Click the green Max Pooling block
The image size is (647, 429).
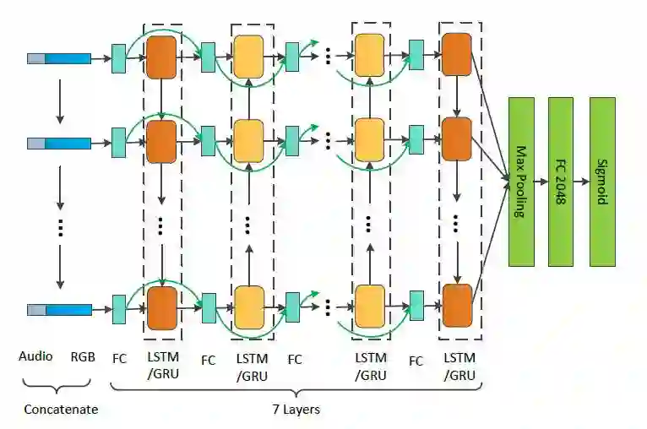click(x=521, y=182)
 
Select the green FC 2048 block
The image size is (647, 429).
click(x=560, y=182)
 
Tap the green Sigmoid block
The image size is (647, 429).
click(x=602, y=182)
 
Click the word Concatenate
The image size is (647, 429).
click(x=60, y=410)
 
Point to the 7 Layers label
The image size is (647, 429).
click(x=295, y=410)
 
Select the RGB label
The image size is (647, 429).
click(x=83, y=356)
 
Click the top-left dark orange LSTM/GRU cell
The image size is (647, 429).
click(x=161, y=57)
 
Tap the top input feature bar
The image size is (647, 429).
click(x=59, y=58)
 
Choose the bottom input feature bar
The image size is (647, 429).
click(x=59, y=310)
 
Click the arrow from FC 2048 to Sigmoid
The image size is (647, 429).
click(x=581, y=181)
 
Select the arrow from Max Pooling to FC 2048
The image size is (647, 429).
click(x=541, y=181)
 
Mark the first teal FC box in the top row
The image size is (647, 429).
click(x=119, y=58)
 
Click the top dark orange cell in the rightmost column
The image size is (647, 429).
click(x=457, y=54)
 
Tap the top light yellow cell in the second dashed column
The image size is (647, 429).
click(x=248, y=57)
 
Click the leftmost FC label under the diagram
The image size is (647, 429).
click(x=119, y=358)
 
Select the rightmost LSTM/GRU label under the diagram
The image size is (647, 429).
click(x=459, y=366)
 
